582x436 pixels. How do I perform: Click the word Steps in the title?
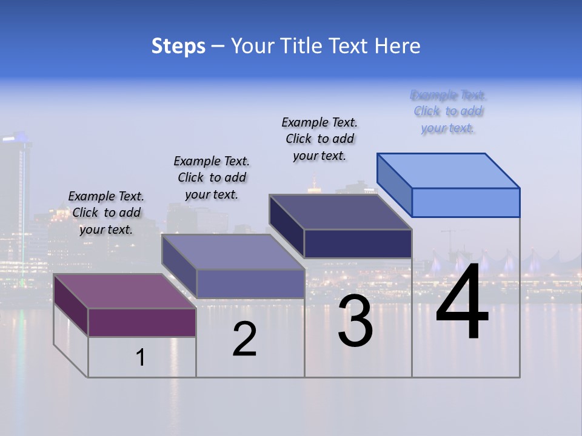(178, 46)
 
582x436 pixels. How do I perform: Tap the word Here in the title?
(397, 46)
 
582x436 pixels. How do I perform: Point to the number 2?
(245, 340)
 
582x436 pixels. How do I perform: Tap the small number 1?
(141, 358)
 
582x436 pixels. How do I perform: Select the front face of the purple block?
(142, 322)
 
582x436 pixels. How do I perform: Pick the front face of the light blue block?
(466, 202)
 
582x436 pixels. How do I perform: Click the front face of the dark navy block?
(358, 243)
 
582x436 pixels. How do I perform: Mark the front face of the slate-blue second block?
(250, 283)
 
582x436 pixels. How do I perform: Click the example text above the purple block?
(106, 213)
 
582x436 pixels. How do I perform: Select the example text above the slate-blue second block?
(212, 177)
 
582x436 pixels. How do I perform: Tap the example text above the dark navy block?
(319, 139)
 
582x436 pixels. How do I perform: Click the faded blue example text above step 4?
(448, 111)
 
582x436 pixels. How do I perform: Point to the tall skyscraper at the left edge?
(15, 200)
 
